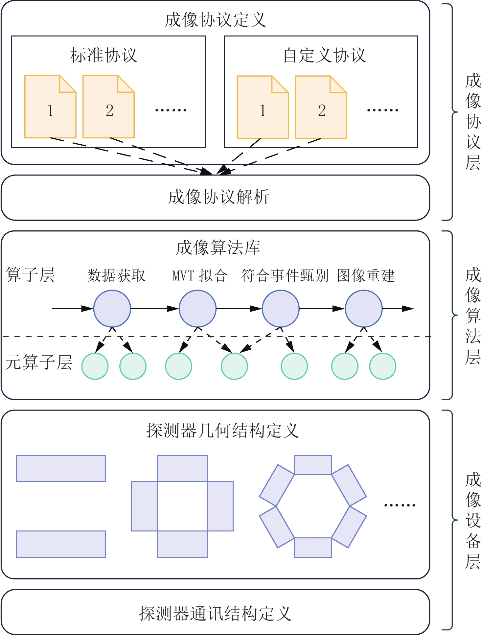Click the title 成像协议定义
pos(215,20)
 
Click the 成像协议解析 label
pos(218,197)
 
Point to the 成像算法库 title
pos(218,247)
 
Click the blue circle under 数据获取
pos(112,308)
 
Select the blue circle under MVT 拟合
pos(197,308)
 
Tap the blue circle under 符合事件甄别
pos(281,308)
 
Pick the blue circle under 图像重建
pos(364,308)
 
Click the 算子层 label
pos(30,275)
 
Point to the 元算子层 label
pos(39,362)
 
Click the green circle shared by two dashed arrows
pos(234,366)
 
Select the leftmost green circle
pos(95,366)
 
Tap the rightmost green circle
pos(383,366)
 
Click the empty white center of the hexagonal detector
pos(313,506)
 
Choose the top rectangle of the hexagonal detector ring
pos(313,465)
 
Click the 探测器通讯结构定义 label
pos(215,614)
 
